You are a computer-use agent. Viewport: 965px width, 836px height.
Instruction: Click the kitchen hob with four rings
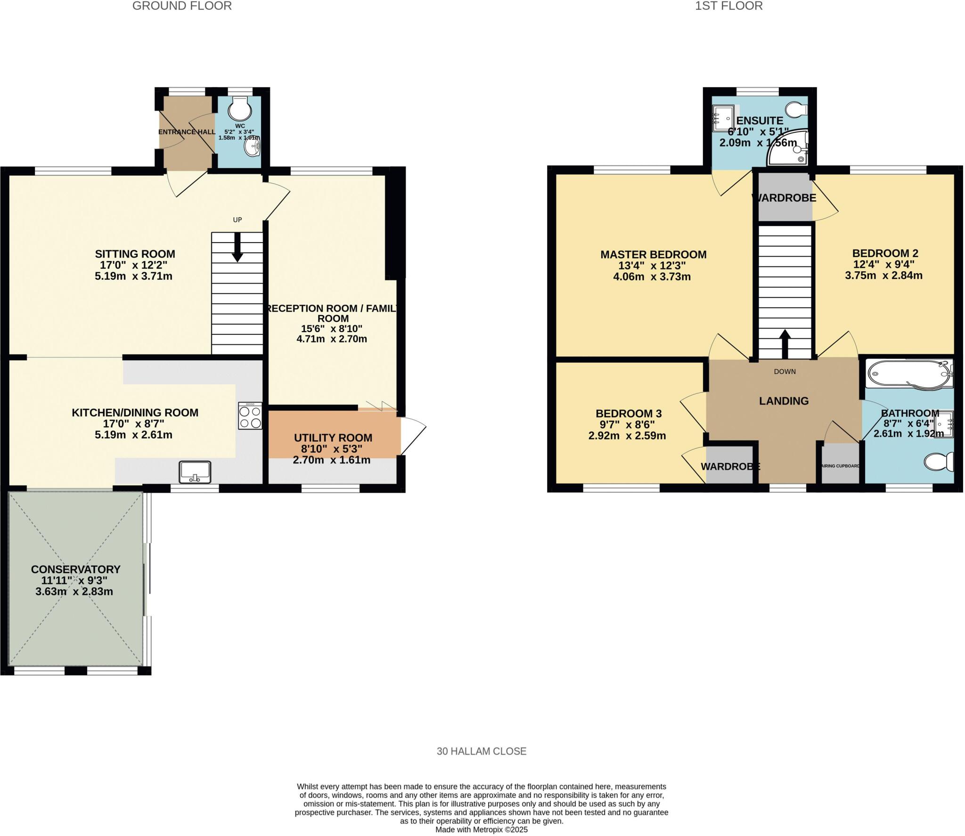[x=250, y=416]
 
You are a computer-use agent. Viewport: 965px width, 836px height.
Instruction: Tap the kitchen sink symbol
[x=195, y=472]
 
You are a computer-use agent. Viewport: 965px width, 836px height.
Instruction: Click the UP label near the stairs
[x=237, y=219]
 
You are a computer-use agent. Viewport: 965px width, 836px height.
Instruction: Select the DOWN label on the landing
[x=785, y=372]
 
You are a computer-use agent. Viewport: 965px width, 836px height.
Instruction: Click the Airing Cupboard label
[x=840, y=466]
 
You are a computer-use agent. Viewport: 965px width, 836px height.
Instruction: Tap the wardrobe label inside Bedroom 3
[x=730, y=466]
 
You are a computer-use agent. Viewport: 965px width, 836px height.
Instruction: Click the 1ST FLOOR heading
[x=728, y=6]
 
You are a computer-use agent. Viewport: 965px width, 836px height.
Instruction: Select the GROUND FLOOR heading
[x=182, y=6]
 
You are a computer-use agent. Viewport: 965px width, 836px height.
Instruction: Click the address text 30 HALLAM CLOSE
[x=481, y=751]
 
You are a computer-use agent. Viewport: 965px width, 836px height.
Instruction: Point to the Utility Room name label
[x=333, y=438]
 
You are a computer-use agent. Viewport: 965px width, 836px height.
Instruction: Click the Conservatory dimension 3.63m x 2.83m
[x=74, y=592]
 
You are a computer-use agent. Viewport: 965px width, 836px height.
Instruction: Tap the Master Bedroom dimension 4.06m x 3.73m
[x=652, y=277]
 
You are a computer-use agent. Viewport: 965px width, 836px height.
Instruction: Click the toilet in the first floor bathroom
[x=939, y=462]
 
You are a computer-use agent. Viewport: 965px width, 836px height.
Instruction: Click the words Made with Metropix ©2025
[x=481, y=830]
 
